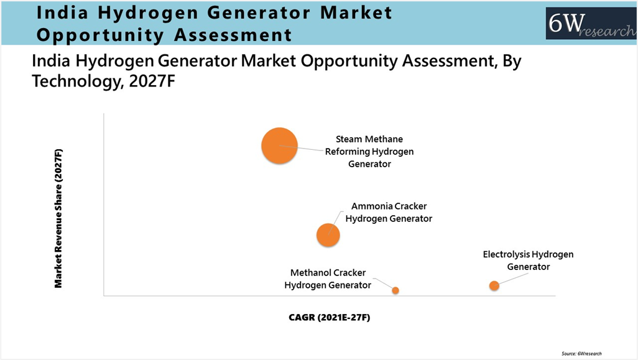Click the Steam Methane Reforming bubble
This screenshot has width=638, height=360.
(279, 145)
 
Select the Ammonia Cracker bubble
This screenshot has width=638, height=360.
(328, 235)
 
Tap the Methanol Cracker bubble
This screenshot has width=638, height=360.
(395, 290)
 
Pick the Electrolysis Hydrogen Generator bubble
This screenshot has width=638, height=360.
(494, 285)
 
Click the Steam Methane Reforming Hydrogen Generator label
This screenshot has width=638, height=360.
(369, 151)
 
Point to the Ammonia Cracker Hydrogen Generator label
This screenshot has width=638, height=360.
(389, 213)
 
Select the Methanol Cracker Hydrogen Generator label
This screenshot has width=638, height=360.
(328, 279)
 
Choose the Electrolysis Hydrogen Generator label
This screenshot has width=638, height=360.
(528, 261)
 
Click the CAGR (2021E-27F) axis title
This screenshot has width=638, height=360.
(329, 317)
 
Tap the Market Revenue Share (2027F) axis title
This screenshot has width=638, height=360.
(58, 219)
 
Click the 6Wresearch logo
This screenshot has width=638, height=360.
(591, 24)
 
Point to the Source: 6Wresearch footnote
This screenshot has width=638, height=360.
(581, 354)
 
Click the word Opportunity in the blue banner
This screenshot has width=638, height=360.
(100, 35)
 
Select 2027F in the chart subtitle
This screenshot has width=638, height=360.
(152, 81)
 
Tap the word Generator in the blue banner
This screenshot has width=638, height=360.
(259, 12)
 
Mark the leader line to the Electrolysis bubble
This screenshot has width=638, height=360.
(513, 278)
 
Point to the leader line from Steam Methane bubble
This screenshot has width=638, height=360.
(302, 148)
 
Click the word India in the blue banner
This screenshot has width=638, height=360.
(62, 12)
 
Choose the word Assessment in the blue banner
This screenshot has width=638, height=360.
(233, 35)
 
